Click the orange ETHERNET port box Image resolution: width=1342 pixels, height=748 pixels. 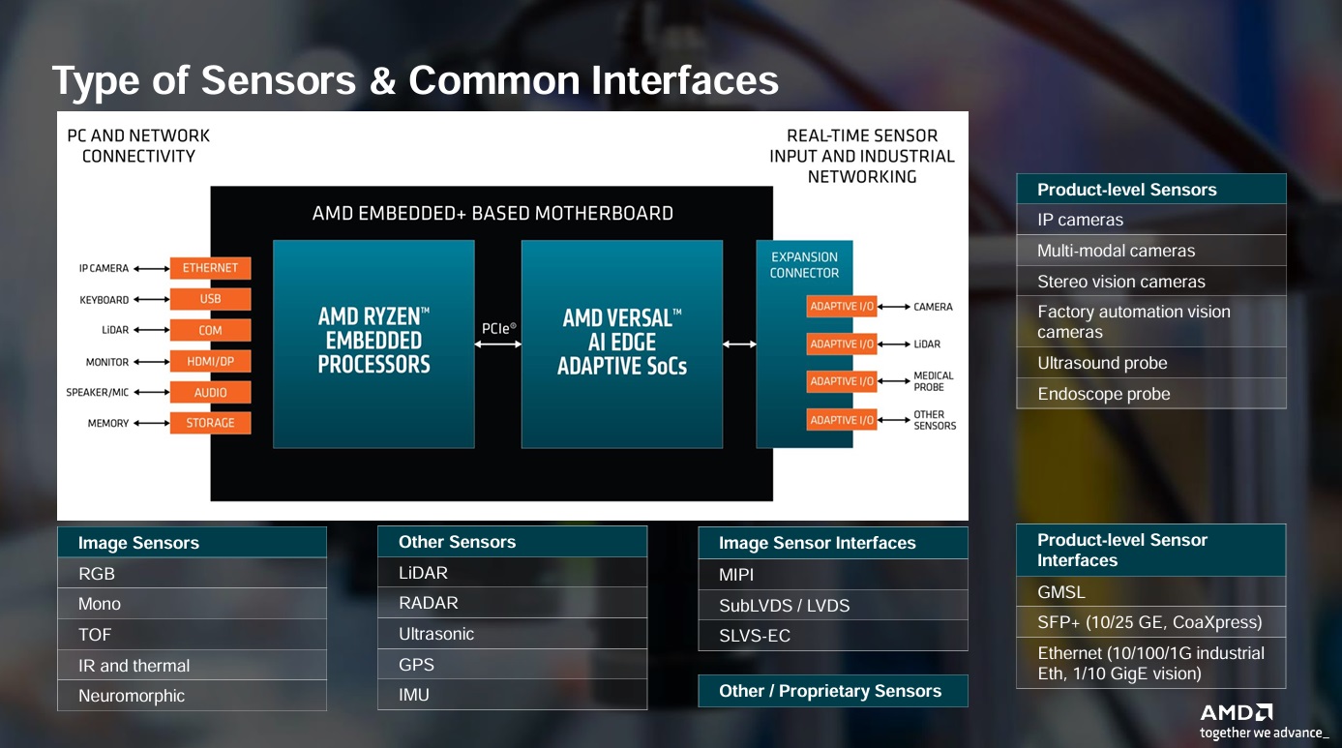coord(210,268)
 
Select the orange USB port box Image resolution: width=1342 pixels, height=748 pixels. coord(210,299)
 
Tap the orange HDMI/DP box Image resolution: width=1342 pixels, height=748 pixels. coord(210,362)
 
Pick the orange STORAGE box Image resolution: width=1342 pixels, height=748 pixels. coord(210,423)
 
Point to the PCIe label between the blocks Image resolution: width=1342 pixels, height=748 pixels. coord(498,329)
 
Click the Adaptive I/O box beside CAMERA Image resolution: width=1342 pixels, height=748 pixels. coord(842,307)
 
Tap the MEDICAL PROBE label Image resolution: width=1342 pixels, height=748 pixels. coord(933,381)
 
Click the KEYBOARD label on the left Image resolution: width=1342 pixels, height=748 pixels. coord(104,300)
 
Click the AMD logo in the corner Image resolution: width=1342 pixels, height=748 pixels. coord(1237,713)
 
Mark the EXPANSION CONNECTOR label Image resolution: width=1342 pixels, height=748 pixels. coord(804,265)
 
